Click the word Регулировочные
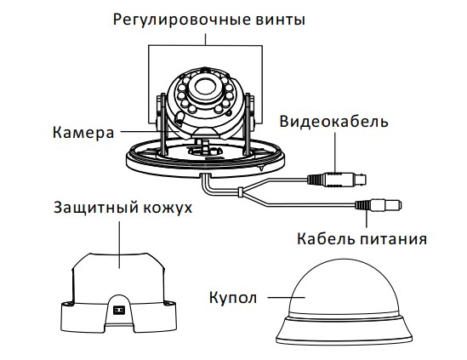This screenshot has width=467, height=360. [181, 20]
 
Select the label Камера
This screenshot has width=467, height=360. [83, 133]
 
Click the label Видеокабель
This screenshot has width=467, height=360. [333, 122]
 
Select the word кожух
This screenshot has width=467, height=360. [168, 208]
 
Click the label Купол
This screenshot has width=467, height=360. [233, 298]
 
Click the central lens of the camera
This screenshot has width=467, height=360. [206, 87]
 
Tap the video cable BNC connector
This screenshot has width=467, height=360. [337, 180]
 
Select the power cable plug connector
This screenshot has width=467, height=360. [379, 205]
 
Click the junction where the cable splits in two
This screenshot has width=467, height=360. [241, 192]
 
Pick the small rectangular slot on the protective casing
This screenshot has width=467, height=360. [118, 311]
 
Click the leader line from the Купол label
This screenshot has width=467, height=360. [286, 297]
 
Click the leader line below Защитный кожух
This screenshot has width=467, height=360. [119, 244]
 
